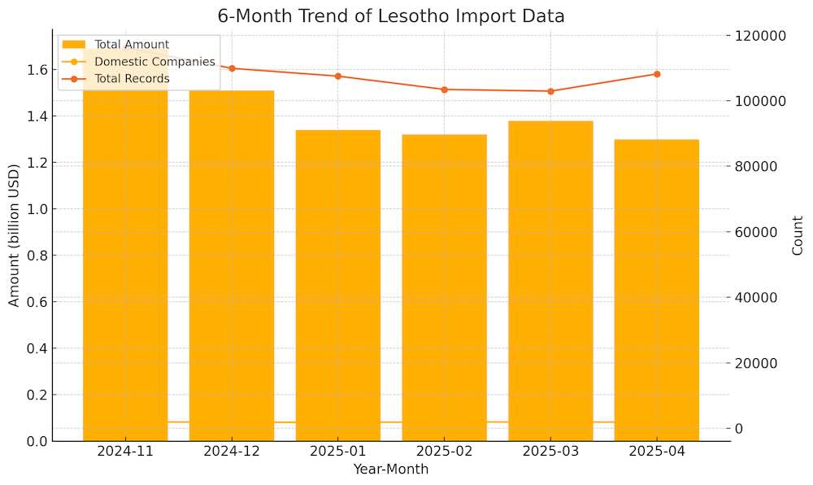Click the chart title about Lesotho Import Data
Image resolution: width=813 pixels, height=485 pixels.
tap(391, 16)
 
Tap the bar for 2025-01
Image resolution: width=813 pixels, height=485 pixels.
tap(338, 285)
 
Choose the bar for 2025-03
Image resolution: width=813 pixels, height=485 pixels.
tap(550, 281)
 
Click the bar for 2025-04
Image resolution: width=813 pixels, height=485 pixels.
tap(657, 290)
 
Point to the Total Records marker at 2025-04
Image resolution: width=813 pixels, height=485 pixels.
tap(657, 74)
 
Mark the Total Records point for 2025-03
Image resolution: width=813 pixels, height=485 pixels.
tap(550, 91)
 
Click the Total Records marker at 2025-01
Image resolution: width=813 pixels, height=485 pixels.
tap(338, 76)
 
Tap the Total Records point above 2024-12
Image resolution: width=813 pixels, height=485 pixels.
tap(232, 68)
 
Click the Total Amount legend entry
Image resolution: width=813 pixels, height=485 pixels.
tap(131, 44)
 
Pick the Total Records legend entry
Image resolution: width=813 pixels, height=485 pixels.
tap(132, 79)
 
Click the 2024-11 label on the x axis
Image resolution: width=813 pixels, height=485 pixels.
tap(126, 452)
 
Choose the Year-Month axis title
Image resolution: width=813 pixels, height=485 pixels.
tap(391, 470)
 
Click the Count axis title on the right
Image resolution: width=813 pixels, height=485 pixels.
tap(798, 235)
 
